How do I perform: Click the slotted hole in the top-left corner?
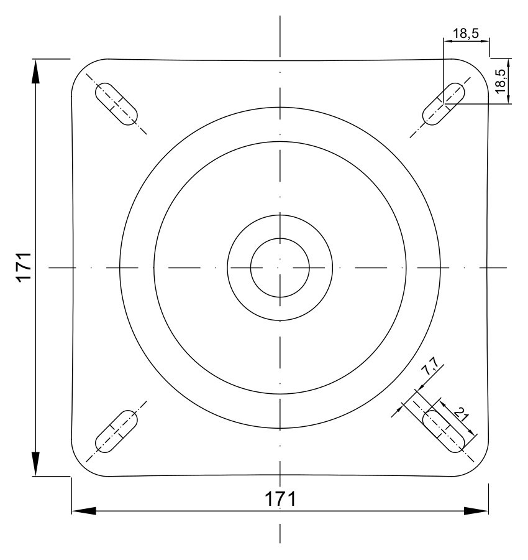coord(116,104)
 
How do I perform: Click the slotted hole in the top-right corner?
coord(444,104)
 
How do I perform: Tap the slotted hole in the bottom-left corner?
coord(116,431)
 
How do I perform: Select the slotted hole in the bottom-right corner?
coord(444,431)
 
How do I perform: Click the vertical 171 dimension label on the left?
coord(24,267)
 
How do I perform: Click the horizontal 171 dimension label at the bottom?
coord(280,499)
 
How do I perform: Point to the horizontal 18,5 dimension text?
coord(466,34)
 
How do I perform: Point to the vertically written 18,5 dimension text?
coord(500,81)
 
